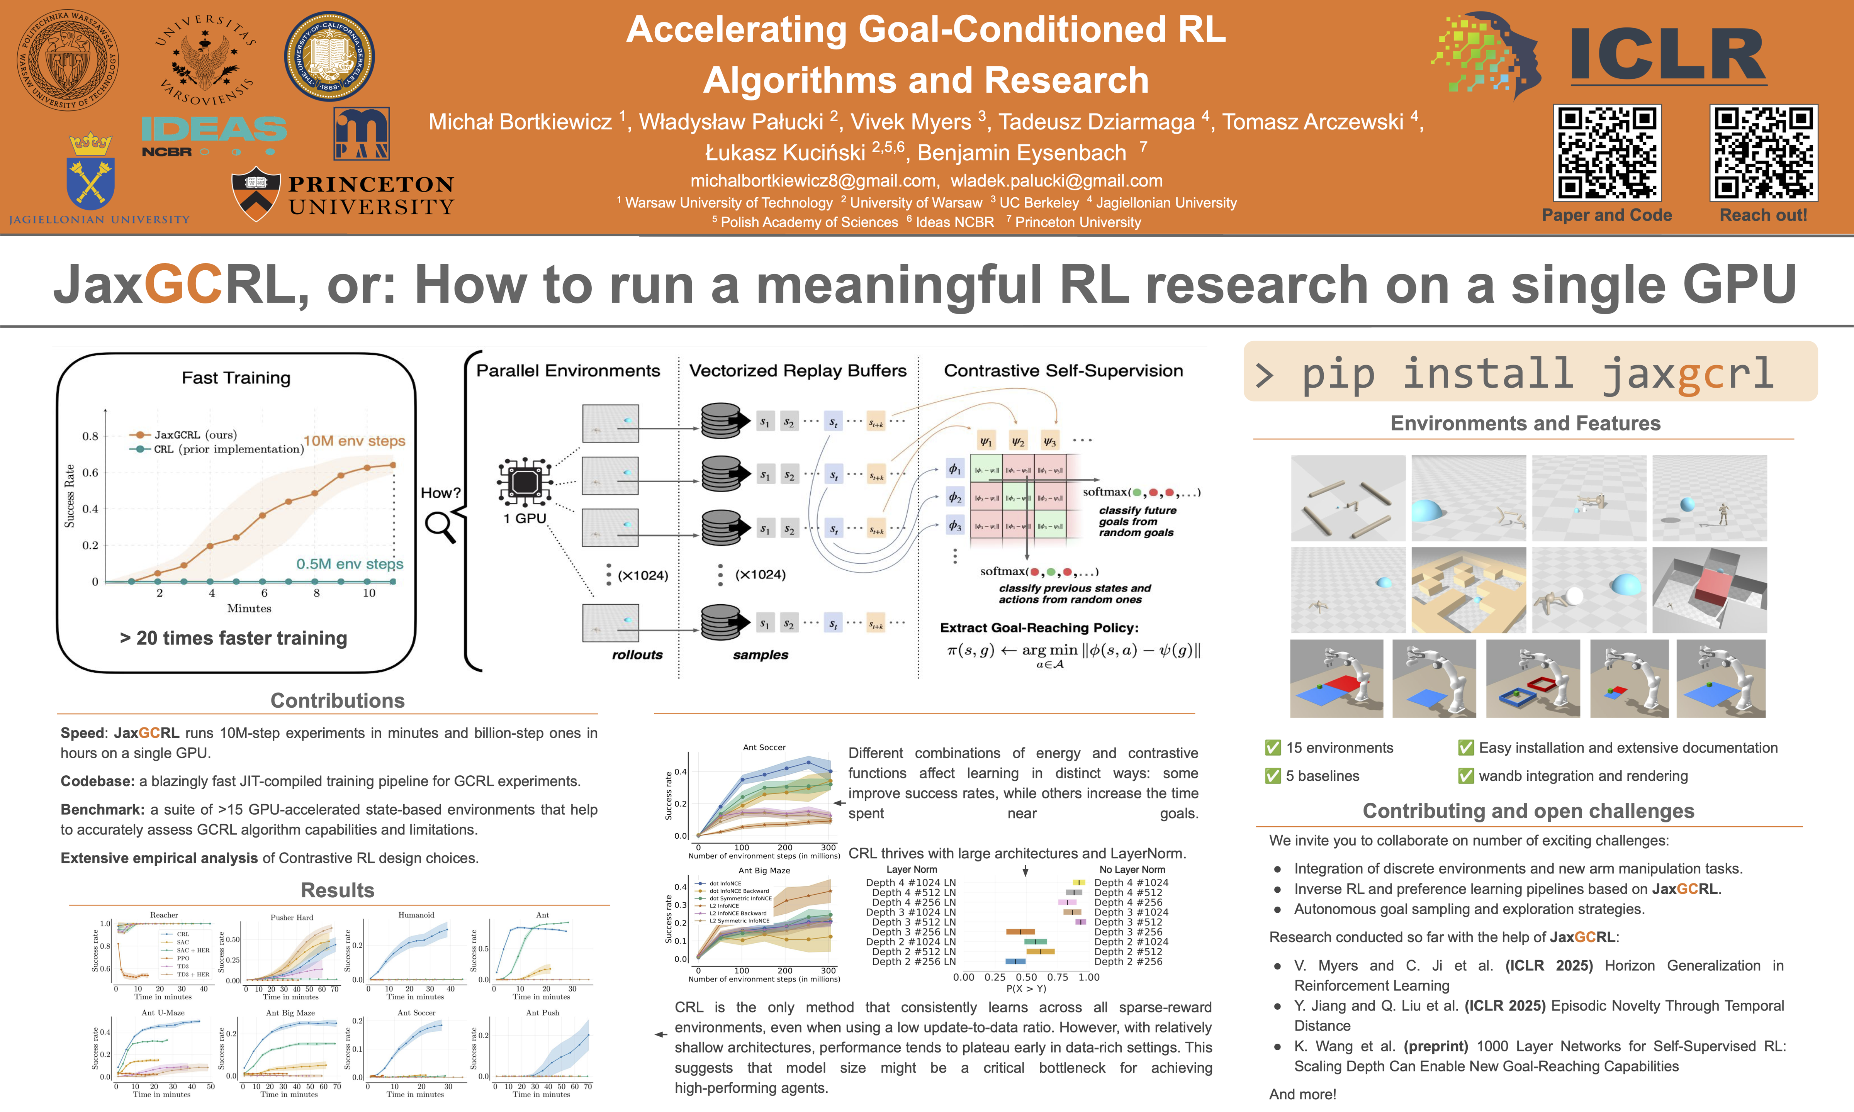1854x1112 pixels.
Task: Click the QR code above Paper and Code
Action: [1607, 153]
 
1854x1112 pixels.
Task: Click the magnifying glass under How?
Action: [440, 526]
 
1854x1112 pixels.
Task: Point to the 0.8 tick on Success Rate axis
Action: [91, 436]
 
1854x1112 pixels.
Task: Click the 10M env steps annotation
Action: [354, 441]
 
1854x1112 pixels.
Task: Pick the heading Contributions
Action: [337, 701]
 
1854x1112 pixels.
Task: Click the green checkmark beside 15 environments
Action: [1272, 748]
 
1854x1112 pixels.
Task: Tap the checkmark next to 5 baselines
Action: [1272, 776]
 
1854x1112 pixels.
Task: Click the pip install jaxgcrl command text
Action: [1536, 373]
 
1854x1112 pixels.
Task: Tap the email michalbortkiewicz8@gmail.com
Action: [813, 181]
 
